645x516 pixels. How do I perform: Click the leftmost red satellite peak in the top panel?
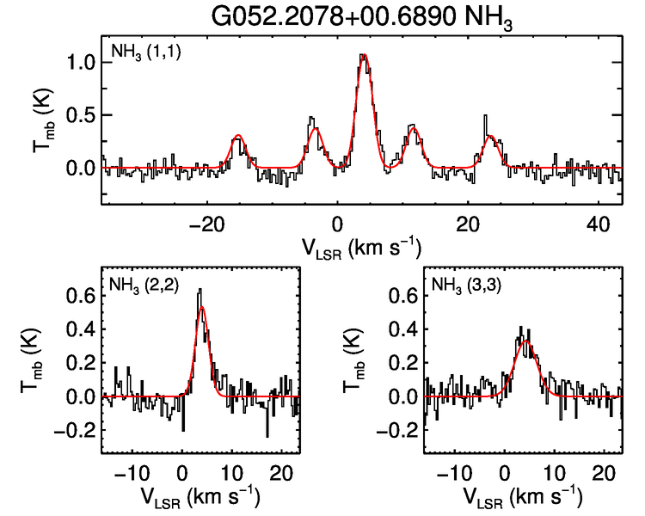tap(238, 136)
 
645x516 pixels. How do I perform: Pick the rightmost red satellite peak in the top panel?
tap(490, 136)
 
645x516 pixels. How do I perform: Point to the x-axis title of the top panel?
tap(362, 249)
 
